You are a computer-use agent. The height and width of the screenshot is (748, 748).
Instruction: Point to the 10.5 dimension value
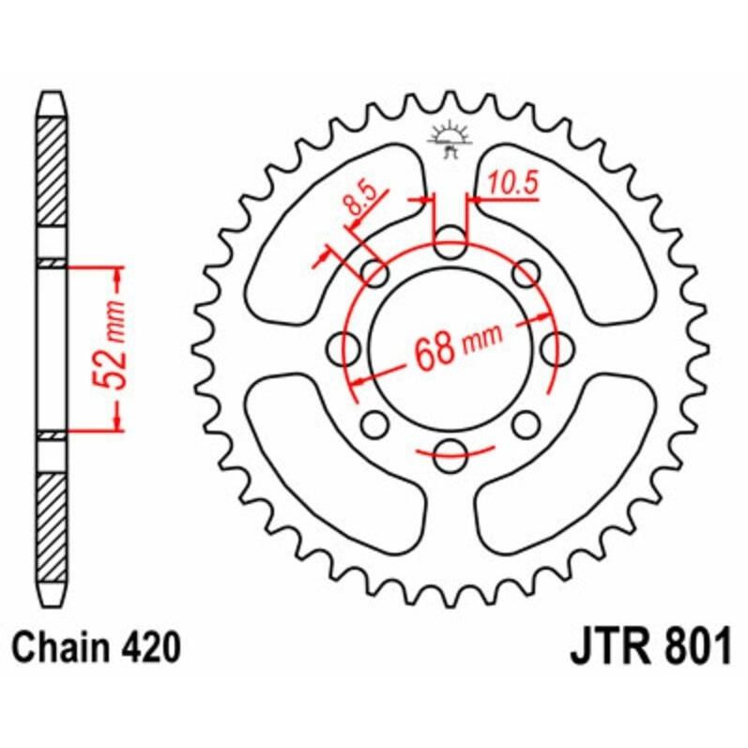512,186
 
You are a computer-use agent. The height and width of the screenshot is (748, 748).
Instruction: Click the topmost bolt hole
450,242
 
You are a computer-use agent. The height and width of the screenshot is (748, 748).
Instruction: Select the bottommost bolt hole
450,457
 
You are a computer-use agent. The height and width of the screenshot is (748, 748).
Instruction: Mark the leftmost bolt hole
345,349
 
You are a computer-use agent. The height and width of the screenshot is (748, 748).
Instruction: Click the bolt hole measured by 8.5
375,274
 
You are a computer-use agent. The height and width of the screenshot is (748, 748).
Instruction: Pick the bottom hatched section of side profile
53,526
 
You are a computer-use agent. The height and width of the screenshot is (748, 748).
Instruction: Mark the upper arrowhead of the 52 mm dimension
117,277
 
